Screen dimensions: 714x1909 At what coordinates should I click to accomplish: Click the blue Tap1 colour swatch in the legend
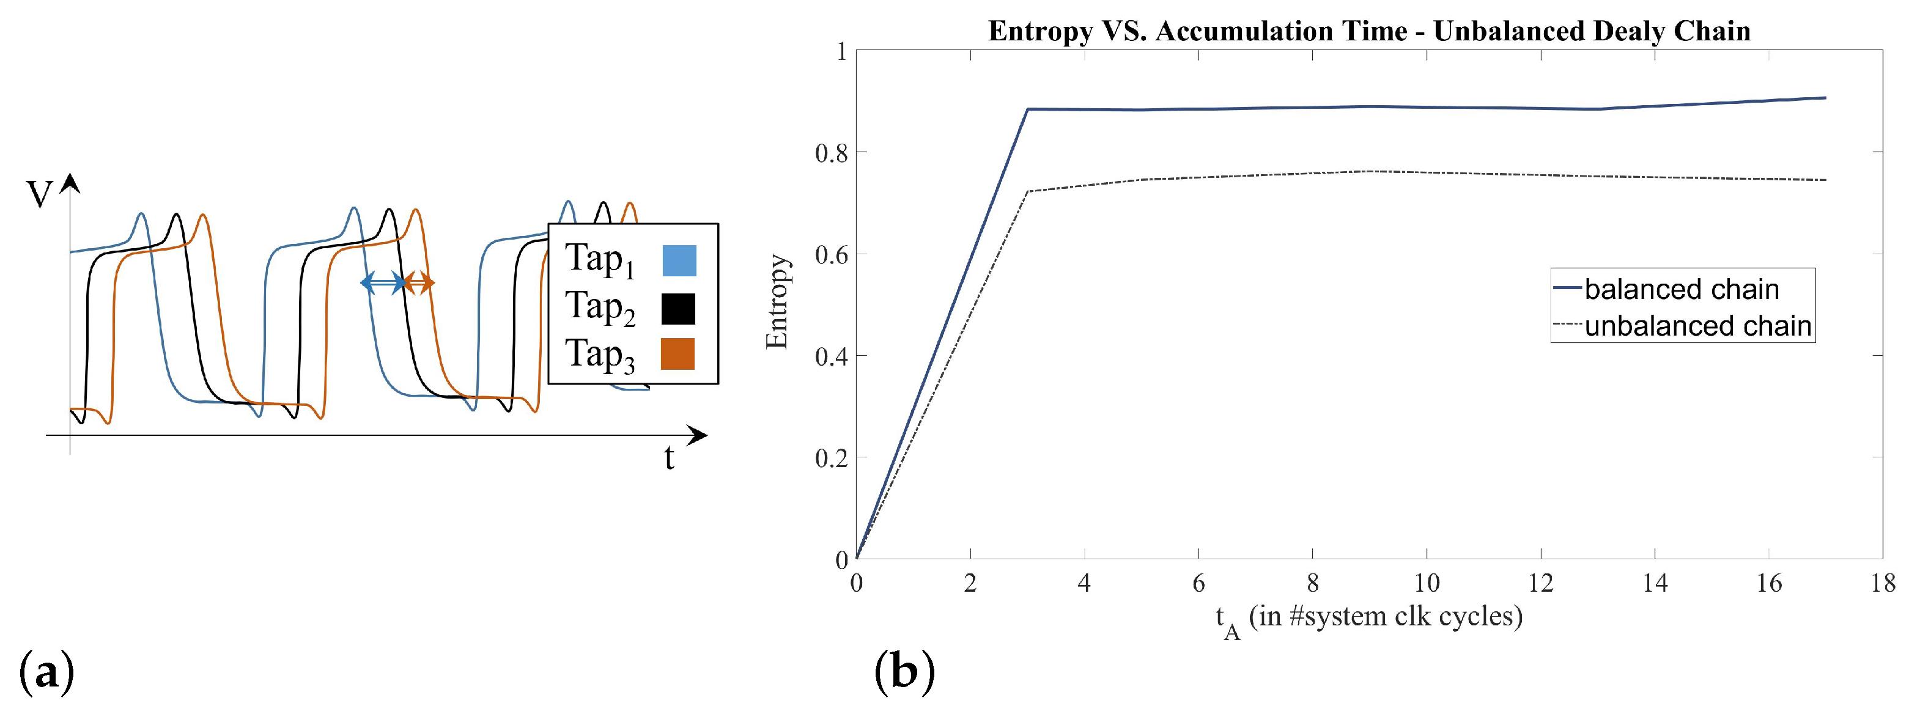[679, 260]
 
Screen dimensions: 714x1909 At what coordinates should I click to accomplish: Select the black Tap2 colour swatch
[678, 309]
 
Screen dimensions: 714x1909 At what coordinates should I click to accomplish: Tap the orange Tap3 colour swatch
[678, 354]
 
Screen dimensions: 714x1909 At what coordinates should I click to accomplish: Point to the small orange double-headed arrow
[419, 282]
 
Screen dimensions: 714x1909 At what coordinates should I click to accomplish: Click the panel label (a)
[46, 672]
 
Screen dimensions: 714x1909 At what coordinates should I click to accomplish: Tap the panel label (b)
[905, 672]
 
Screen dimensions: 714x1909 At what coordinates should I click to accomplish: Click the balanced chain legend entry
[1681, 289]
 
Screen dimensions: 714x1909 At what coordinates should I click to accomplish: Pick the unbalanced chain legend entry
[1697, 326]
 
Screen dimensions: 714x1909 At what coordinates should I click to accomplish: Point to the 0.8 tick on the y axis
[830, 153]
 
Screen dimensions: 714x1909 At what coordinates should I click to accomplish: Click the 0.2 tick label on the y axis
[830, 458]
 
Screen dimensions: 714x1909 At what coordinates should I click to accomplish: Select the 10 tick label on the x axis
[1427, 584]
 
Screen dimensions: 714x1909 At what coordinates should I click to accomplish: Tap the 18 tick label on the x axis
[1882, 584]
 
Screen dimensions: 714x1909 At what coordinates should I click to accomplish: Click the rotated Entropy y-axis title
[777, 301]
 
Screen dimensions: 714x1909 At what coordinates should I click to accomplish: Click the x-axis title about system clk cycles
[1370, 617]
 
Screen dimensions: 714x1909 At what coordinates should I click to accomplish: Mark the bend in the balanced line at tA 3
[1027, 109]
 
